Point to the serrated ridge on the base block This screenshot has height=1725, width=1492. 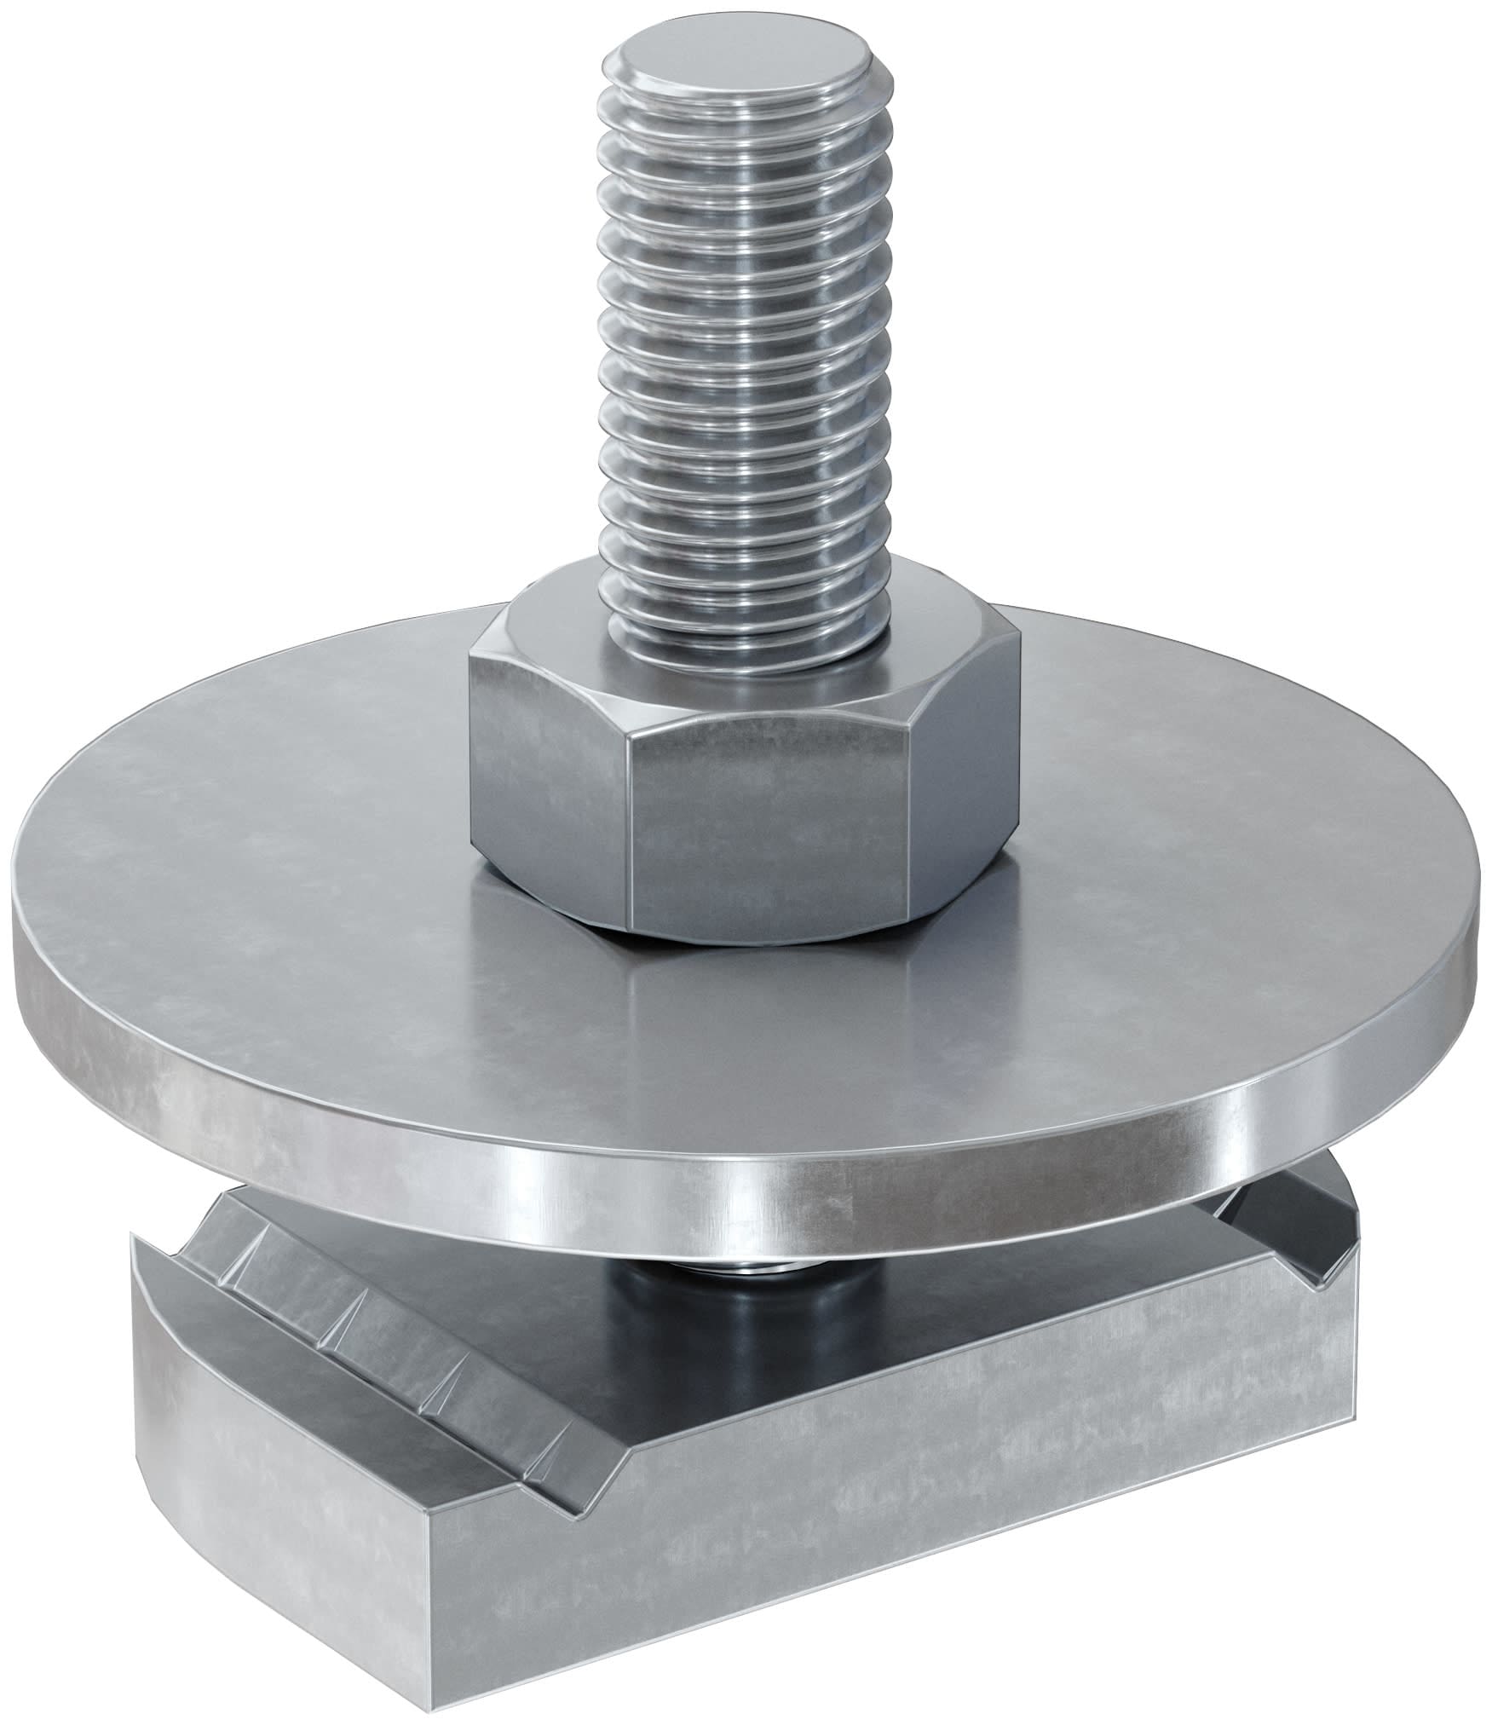[x=358, y=1278]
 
